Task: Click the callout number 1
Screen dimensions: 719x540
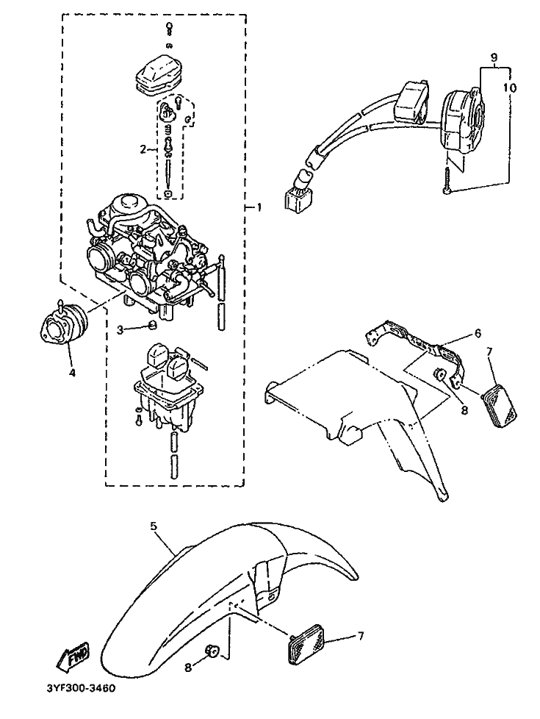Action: [257, 207]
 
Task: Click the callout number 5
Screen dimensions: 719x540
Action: [154, 526]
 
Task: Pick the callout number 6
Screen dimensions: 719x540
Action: [478, 332]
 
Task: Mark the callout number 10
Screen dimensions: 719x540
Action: [511, 87]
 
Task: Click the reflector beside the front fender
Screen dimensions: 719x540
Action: [308, 643]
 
